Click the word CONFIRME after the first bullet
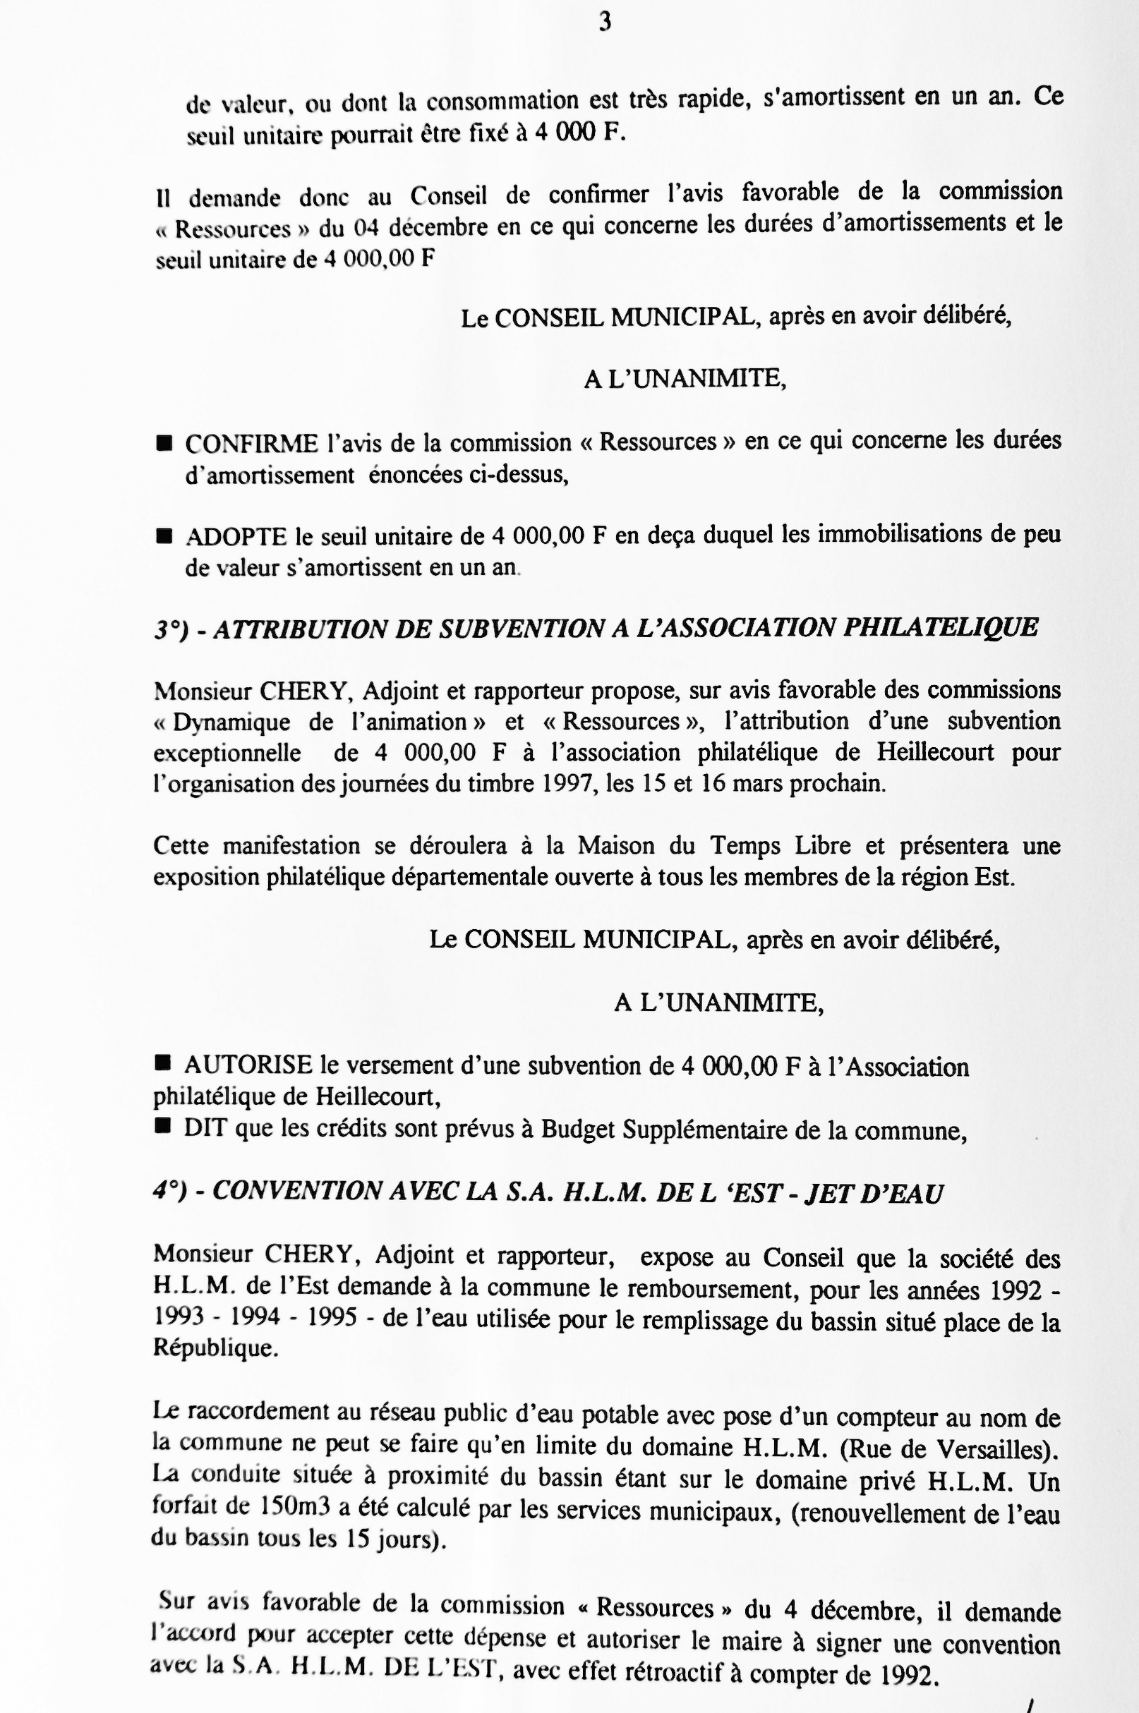point(251,444)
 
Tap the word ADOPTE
point(236,537)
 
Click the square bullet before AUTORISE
point(163,1064)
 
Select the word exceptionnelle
point(227,753)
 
